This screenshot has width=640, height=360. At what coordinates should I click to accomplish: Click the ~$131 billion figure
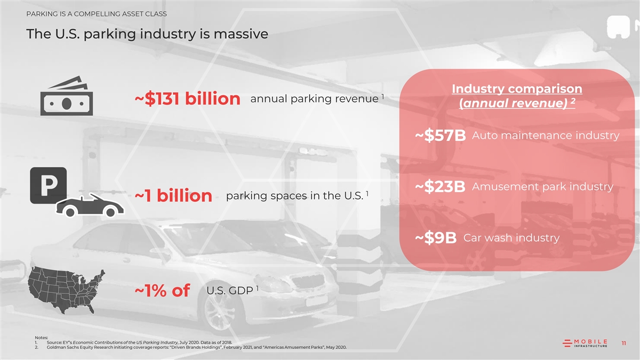click(186, 99)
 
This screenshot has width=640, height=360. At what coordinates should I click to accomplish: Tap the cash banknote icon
click(67, 96)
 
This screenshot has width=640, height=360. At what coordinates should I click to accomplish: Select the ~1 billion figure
click(173, 196)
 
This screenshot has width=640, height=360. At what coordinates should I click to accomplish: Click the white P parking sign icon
click(48, 185)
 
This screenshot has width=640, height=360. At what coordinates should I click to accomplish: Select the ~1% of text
click(162, 291)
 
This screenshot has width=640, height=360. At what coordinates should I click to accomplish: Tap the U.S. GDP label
click(230, 291)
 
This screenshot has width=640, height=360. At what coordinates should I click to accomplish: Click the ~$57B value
click(441, 137)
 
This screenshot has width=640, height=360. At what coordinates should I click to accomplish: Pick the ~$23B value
click(441, 188)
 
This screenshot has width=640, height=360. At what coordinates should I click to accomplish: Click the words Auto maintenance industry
click(546, 135)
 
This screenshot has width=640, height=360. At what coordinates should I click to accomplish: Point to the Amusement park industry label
click(542, 187)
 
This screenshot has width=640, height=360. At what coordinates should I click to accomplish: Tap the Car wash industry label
click(511, 237)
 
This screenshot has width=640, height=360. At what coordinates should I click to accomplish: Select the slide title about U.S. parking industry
click(147, 34)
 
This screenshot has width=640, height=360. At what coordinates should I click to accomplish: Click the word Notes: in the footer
click(41, 337)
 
